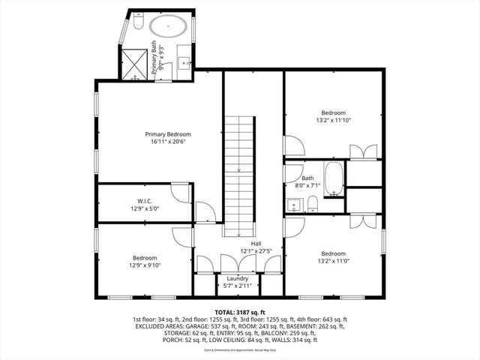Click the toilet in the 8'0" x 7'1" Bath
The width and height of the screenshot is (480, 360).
pos(313,205)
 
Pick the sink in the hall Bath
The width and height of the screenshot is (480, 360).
pos(292,205)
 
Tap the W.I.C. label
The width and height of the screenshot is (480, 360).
pos(145,200)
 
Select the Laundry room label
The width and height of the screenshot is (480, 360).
pos(238,278)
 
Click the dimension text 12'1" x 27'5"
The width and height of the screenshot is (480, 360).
pos(256,251)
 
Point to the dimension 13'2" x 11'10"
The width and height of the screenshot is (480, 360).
pos(334,118)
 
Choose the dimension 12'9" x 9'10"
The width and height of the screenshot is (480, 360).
pos(145,264)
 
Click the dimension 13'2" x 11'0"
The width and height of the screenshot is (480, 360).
pos(334,260)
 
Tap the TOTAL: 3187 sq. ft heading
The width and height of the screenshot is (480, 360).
pos(240,311)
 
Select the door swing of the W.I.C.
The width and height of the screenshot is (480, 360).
pos(181,193)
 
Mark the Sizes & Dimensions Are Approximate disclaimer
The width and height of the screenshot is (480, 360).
pos(239,350)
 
